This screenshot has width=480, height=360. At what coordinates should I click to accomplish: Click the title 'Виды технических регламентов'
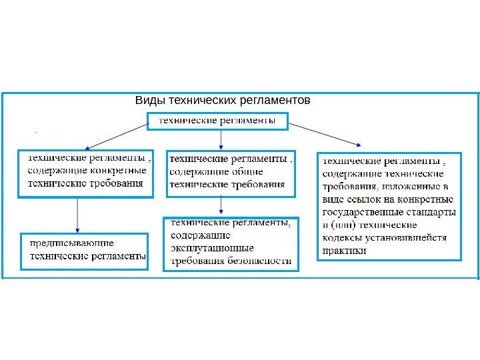(223, 101)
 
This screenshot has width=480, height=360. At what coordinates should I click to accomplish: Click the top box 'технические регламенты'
(217, 121)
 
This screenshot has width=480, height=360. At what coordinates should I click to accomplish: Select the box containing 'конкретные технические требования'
(85, 173)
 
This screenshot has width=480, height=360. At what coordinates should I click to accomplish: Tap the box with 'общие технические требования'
(230, 173)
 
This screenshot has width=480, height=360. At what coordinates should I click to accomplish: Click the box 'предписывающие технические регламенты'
(85, 250)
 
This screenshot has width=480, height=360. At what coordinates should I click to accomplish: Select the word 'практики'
(344, 251)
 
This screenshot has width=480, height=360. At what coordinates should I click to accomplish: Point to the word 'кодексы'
(341, 238)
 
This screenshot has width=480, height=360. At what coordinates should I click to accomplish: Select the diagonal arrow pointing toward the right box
(326, 134)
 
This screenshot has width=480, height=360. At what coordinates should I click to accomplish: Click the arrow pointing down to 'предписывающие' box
(79, 214)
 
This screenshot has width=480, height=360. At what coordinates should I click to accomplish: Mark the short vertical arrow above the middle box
(221, 139)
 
